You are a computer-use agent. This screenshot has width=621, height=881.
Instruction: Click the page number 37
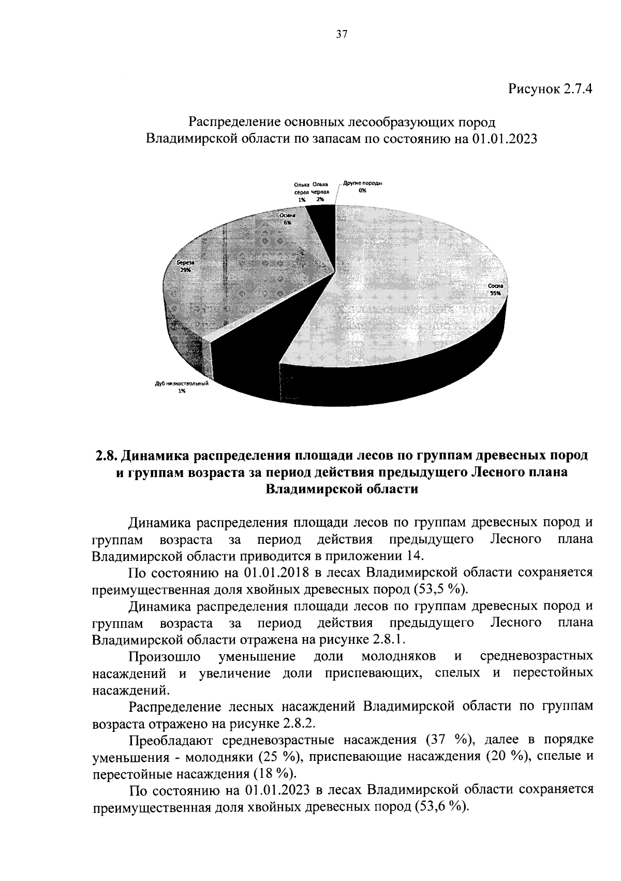[x=341, y=35]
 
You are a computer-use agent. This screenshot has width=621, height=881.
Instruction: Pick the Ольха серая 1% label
[x=302, y=192]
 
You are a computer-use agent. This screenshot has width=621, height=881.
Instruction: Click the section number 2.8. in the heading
[x=108, y=456]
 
